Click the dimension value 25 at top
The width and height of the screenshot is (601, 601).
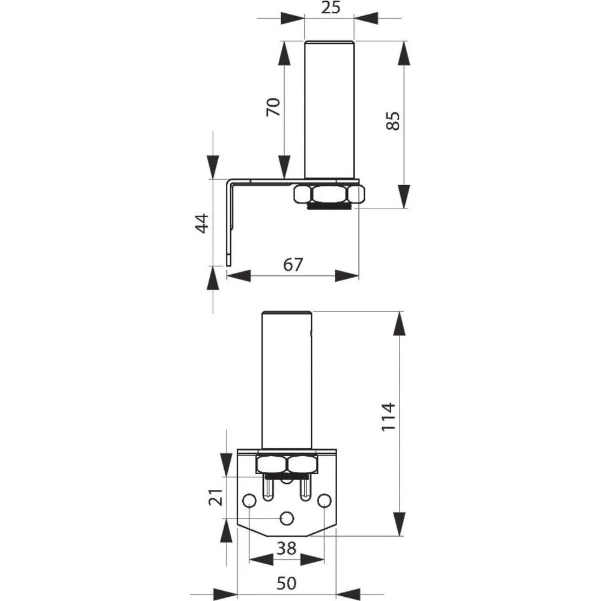coord(329,8)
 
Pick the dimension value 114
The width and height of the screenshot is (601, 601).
coord(389,416)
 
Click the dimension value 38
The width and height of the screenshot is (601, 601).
coord(287,547)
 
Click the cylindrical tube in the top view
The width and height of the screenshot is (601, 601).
coord(329,108)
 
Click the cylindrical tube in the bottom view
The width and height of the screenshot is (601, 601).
coord(287,379)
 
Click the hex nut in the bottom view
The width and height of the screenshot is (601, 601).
coord(287,464)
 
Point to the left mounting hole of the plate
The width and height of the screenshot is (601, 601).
coord(249,500)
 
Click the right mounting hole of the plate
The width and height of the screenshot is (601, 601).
coord(325,500)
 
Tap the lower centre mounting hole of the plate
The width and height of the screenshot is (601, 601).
coord(287,517)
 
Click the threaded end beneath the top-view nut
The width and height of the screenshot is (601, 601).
coord(329,206)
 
